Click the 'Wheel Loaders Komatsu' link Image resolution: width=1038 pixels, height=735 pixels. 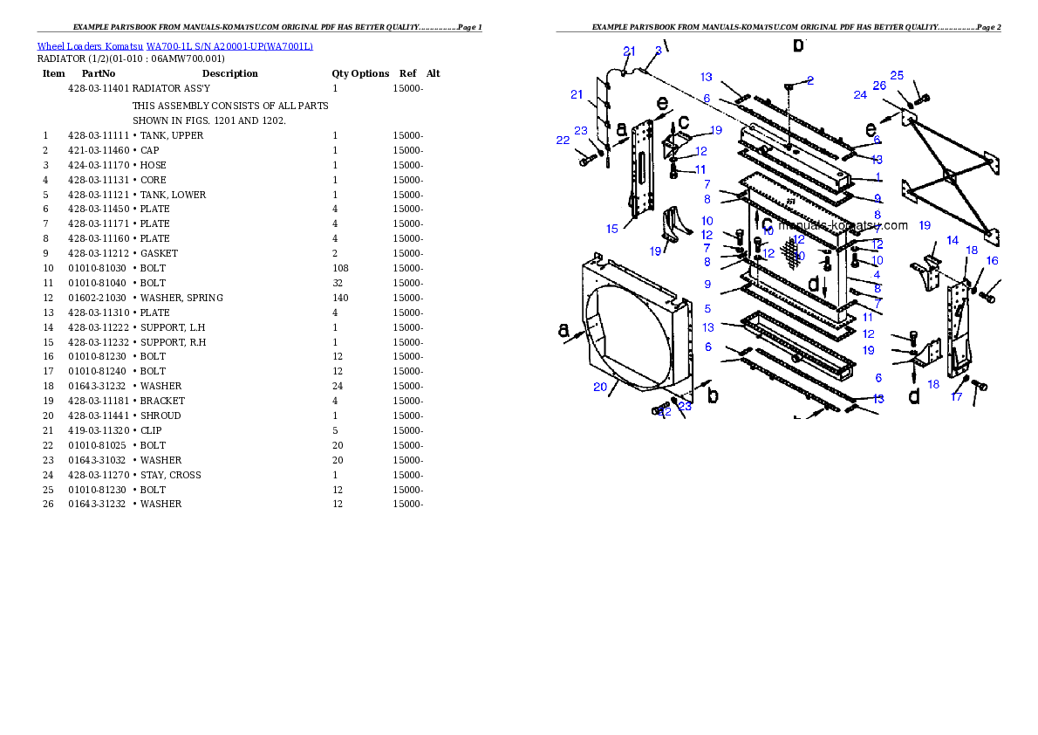tap(90, 46)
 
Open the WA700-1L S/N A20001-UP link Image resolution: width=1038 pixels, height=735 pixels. tap(229, 46)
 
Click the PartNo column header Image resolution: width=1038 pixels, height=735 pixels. tap(99, 73)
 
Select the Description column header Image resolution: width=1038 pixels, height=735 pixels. tap(229, 73)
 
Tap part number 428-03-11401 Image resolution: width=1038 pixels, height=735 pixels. tap(99, 88)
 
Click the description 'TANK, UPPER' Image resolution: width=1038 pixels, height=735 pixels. tap(172, 135)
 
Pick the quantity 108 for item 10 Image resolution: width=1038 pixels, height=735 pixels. tap(340, 268)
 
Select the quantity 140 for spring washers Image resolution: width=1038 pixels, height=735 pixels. tap(340, 298)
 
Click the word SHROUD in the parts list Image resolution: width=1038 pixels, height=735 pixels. tap(160, 416)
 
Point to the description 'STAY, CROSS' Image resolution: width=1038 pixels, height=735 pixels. tap(171, 475)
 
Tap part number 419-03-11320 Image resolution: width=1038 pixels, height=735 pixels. tap(99, 431)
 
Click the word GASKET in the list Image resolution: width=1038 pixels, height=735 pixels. tap(159, 253)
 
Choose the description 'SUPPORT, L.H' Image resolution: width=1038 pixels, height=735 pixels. tap(173, 327)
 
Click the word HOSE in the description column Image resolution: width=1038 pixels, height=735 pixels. tap(154, 165)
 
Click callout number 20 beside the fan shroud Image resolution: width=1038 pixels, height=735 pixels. tap(600, 387)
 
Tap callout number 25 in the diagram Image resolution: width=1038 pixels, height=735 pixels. tap(897, 76)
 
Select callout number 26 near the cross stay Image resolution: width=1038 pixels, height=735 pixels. tap(879, 86)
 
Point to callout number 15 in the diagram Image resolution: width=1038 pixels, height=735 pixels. tap(612, 229)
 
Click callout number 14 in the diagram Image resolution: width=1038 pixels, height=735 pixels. tap(953, 241)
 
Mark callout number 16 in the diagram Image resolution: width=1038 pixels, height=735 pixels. tap(993, 261)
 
